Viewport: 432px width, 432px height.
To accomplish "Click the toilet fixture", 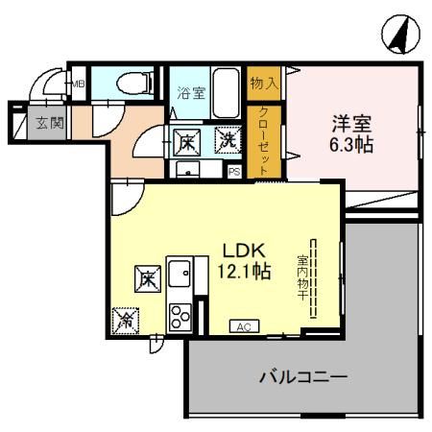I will tap(132, 84).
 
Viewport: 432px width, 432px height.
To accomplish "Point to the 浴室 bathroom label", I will tap(191, 93).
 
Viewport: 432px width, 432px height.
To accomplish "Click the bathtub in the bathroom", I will tap(228, 93).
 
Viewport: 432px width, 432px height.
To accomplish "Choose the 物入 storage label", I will tap(264, 83).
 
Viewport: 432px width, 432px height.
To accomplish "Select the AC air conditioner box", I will tap(243, 327).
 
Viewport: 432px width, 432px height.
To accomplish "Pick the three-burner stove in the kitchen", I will tap(180, 314).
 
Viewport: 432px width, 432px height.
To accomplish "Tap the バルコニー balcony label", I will tap(302, 376).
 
